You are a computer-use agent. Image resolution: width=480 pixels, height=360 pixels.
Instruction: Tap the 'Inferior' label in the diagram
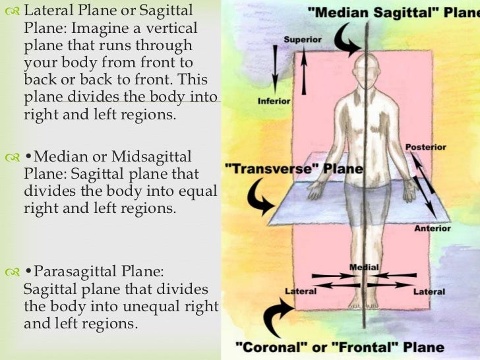(x=274, y=102)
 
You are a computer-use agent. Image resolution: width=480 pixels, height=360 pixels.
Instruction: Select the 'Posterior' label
(x=425, y=147)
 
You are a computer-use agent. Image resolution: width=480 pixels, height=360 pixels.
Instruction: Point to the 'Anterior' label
(x=432, y=229)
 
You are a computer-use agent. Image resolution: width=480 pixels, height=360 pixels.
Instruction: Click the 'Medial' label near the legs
(x=364, y=268)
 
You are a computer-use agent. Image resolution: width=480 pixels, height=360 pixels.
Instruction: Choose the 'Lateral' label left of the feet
(x=301, y=291)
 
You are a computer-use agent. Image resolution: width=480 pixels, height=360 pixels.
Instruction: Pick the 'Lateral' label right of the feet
(x=429, y=291)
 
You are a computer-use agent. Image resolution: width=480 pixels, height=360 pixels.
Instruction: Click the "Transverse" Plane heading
(x=294, y=169)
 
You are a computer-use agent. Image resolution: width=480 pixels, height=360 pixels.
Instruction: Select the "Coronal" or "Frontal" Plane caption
(x=340, y=347)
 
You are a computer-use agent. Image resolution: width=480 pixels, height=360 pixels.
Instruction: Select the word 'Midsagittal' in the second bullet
(x=151, y=157)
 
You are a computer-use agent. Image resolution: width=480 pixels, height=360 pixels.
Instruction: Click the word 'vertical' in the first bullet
(x=171, y=28)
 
